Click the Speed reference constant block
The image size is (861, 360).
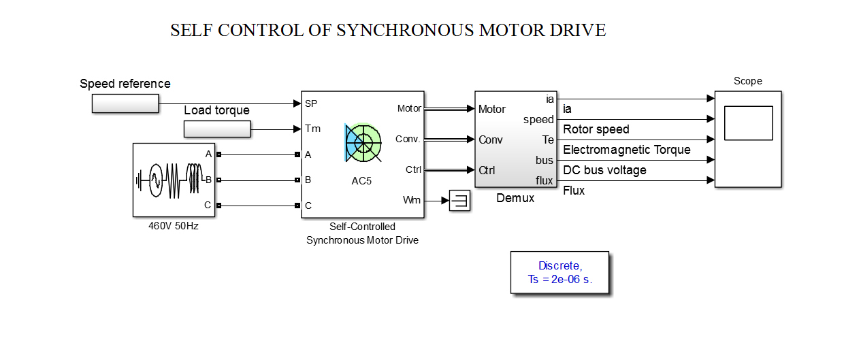tap(125, 103)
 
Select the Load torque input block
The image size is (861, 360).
tap(217, 129)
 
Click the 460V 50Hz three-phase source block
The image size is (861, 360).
tap(174, 180)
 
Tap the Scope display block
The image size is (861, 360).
tap(747, 139)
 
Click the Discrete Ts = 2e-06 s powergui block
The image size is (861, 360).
tap(559, 272)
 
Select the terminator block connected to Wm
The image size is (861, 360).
tap(459, 200)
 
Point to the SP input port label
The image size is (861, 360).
tap(311, 103)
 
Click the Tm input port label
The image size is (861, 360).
tap(312, 129)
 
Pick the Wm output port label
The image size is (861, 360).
tap(412, 200)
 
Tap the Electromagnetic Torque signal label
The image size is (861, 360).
tap(626, 150)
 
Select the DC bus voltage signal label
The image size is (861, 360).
tap(604, 170)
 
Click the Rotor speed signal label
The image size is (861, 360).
tap(596, 129)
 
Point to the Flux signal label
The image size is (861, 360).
tap(574, 191)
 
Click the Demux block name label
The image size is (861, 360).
tap(515, 199)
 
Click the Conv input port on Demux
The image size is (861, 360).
tap(490, 140)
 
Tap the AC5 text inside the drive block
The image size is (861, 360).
tap(361, 181)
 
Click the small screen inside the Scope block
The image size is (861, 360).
tap(748, 123)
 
